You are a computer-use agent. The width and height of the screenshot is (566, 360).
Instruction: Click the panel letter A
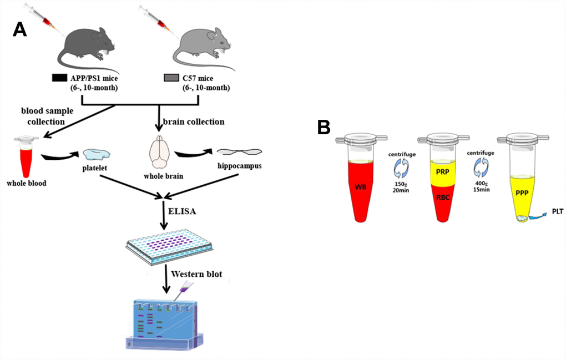click(x=19, y=29)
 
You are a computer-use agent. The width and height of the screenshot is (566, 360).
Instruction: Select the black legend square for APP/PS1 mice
click(x=59, y=78)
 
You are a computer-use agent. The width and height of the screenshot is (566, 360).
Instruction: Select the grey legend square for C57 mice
click(x=171, y=78)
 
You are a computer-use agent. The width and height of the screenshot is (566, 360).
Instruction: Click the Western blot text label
click(x=196, y=275)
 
